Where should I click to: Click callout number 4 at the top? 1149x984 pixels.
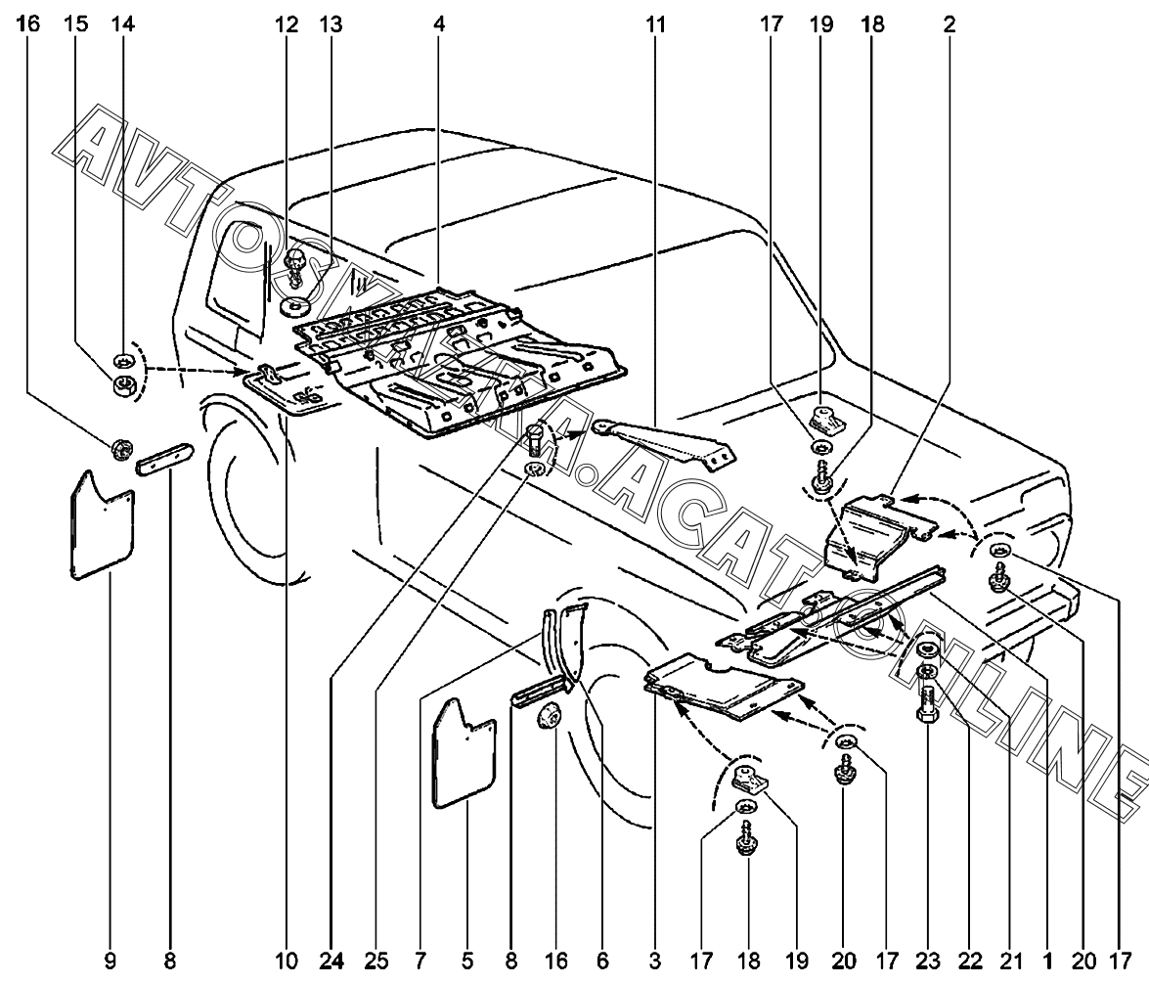(439, 24)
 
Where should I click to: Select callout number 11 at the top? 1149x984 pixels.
(654, 24)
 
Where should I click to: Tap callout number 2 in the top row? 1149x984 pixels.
(950, 24)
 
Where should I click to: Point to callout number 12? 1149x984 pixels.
(287, 24)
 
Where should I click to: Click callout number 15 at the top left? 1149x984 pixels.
(76, 24)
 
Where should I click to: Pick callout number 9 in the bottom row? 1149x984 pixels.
(110, 962)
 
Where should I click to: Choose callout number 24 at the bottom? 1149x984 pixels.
(331, 962)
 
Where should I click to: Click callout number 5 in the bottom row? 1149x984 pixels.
(464, 962)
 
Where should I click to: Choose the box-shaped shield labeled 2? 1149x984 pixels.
(870, 528)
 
